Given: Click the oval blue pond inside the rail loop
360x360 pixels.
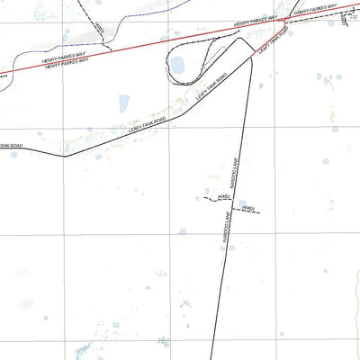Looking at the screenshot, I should pos(177,65).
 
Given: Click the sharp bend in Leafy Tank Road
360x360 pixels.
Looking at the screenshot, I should pos(65,156).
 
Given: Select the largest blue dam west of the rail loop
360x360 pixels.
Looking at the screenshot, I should pos(123,102).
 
